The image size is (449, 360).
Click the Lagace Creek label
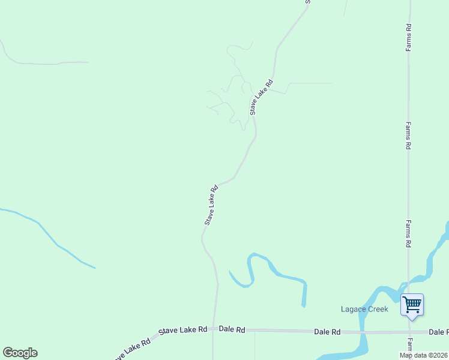pos(364,310)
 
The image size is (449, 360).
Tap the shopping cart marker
pos(412,304)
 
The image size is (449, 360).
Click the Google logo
pos(20,353)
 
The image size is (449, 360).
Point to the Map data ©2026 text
pos(424,355)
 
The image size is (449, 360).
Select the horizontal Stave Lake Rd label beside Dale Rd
pos(183,330)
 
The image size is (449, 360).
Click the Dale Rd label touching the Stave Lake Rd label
pos(232,329)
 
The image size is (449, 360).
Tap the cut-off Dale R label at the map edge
pos(438,332)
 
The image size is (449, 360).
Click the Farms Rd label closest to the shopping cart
pos(408,234)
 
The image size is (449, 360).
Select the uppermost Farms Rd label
pos(408,37)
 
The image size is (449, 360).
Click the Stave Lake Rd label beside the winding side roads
pos(262,97)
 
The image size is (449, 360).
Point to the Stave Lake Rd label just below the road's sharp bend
pos(211,205)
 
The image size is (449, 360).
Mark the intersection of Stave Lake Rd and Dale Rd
pos(213,329)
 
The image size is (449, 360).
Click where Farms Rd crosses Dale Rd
pos(409,332)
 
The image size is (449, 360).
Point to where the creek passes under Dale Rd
pos(363,332)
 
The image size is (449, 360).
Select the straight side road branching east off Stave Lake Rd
pos(309,83)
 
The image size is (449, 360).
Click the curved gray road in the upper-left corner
pos(36,63)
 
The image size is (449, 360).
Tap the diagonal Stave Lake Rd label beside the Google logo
pos(129,350)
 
